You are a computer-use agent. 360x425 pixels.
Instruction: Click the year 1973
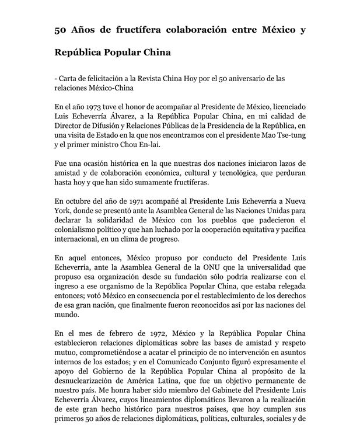click(x=93, y=107)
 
